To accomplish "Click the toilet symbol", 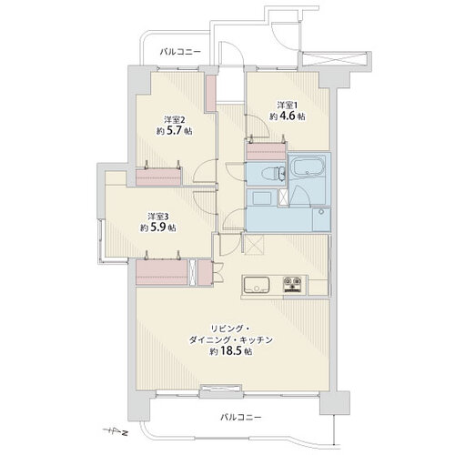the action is pyautogui.click(x=274, y=173).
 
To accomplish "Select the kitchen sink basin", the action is pyautogui.click(x=257, y=285).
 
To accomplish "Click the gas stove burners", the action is pyautogui.click(x=292, y=285).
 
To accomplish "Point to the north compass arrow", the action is pyautogui.click(x=116, y=430).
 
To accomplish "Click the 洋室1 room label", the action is pyautogui.click(x=287, y=106).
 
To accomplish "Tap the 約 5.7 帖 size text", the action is pyautogui.click(x=175, y=131).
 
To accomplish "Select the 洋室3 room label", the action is pyautogui.click(x=158, y=217).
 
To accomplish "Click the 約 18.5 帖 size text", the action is pyautogui.click(x=231, y=351).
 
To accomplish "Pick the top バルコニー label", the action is pyautogui.click(x=180, y=52).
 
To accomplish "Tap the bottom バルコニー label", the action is pyautogui.click(x=240, y=418).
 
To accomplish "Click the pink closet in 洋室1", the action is pyautogui.click(x=266, y=151).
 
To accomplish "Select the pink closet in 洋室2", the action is pyautogui.click(x=158, y=177).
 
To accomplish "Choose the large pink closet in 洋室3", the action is pyautogui.click(x=162, y=272).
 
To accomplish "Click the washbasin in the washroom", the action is pyautogui.click(x=262, y=198).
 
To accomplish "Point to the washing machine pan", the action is pyautogui.click(x=321, y=219).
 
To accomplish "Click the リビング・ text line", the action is pyautogui.click(x=230, y=329).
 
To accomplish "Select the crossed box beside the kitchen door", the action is pyautogui.click(x=254, y=244).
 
